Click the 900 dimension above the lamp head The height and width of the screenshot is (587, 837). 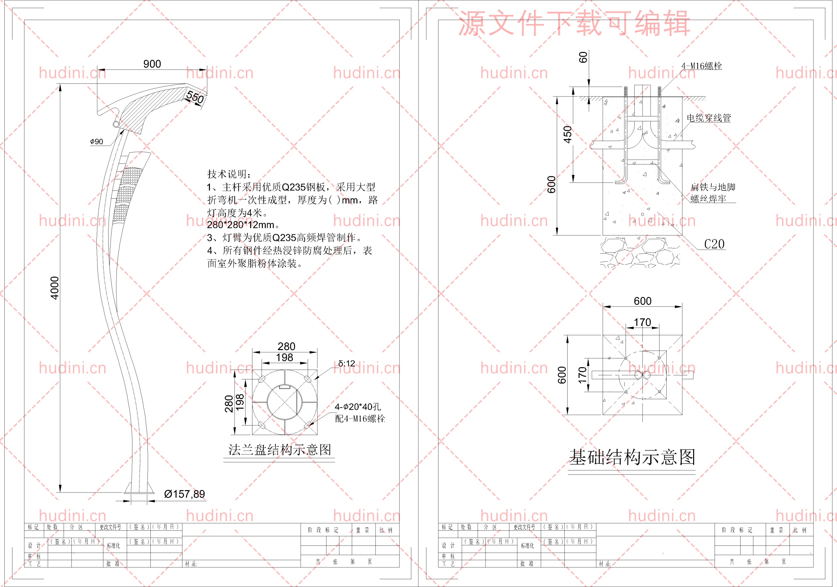[x=152, y=64]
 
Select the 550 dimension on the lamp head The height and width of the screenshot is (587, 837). [x=195, y=97]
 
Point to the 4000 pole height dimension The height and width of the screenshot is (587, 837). [x=54, y=288]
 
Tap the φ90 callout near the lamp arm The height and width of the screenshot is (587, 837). [x=96, y=142]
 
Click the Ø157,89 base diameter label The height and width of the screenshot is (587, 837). [x=184, y=494]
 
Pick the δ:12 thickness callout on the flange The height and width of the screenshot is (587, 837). [x=346, y=364]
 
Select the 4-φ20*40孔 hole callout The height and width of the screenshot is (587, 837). [x=358, y=407]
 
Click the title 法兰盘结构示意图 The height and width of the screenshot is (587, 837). [x=280, y=450]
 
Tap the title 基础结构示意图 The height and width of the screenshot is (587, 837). [x=632, y=457]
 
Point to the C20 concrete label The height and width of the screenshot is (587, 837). [x=714, y=244]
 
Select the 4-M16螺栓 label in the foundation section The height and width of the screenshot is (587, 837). [x=701, y=66]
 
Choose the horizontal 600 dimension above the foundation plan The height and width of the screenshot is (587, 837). [x=642, y=301]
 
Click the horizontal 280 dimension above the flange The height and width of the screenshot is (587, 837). [x=286, y=346]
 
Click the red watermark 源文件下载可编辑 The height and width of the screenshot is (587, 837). [x=574, y=23]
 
